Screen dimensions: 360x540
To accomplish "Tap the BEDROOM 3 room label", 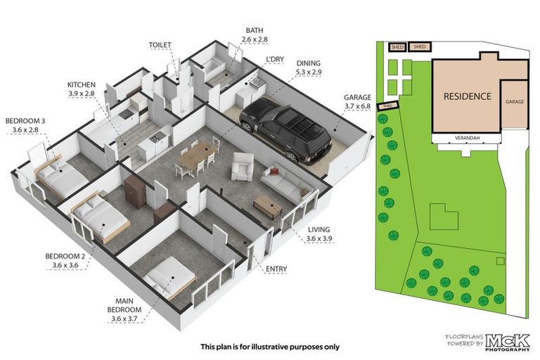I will coord(25,125).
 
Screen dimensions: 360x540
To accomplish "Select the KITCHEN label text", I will coord(82,89).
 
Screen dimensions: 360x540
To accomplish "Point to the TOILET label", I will coord(160,44).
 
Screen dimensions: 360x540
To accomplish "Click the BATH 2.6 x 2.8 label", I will coord(254,35).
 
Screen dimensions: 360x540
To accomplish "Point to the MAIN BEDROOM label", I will coord(127,309).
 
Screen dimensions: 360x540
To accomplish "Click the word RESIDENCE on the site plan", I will coord(467,96).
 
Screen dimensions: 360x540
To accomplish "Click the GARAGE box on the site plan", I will coord(514,103).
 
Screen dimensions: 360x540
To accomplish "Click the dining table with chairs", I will coord(197,156).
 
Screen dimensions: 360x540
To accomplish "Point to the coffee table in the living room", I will coord(267,205).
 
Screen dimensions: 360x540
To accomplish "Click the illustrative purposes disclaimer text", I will coord(270,347).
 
